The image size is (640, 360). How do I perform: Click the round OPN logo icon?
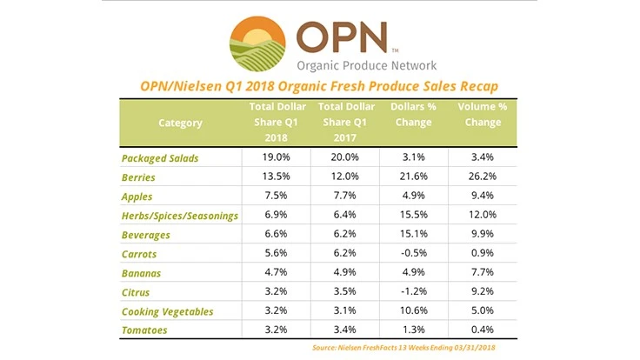tap(257, 43)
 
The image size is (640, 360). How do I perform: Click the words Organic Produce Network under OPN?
tap(366, 65)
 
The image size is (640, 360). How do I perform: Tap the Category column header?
tap(180, 123)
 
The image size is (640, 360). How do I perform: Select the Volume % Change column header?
tap(483, 114)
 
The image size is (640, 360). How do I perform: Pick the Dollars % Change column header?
tap(413, 114)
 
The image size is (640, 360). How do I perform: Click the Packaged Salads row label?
tap(160, 158)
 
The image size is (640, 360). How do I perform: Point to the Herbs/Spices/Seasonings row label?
tap(180, 216)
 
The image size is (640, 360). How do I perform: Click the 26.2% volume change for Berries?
tap(483, 177)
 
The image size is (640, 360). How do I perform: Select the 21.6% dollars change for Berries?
tap(413, 177)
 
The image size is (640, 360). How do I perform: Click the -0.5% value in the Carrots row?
tap(413, 253)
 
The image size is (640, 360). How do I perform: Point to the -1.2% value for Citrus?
tap(413, 291)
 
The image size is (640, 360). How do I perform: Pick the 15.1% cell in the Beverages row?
tap(413, 234)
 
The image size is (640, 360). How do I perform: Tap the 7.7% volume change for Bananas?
tap(483, 272)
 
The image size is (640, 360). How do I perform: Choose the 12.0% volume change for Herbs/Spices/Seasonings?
tap(483, 216)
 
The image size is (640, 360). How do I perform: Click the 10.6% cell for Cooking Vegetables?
tap(413, 310)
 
